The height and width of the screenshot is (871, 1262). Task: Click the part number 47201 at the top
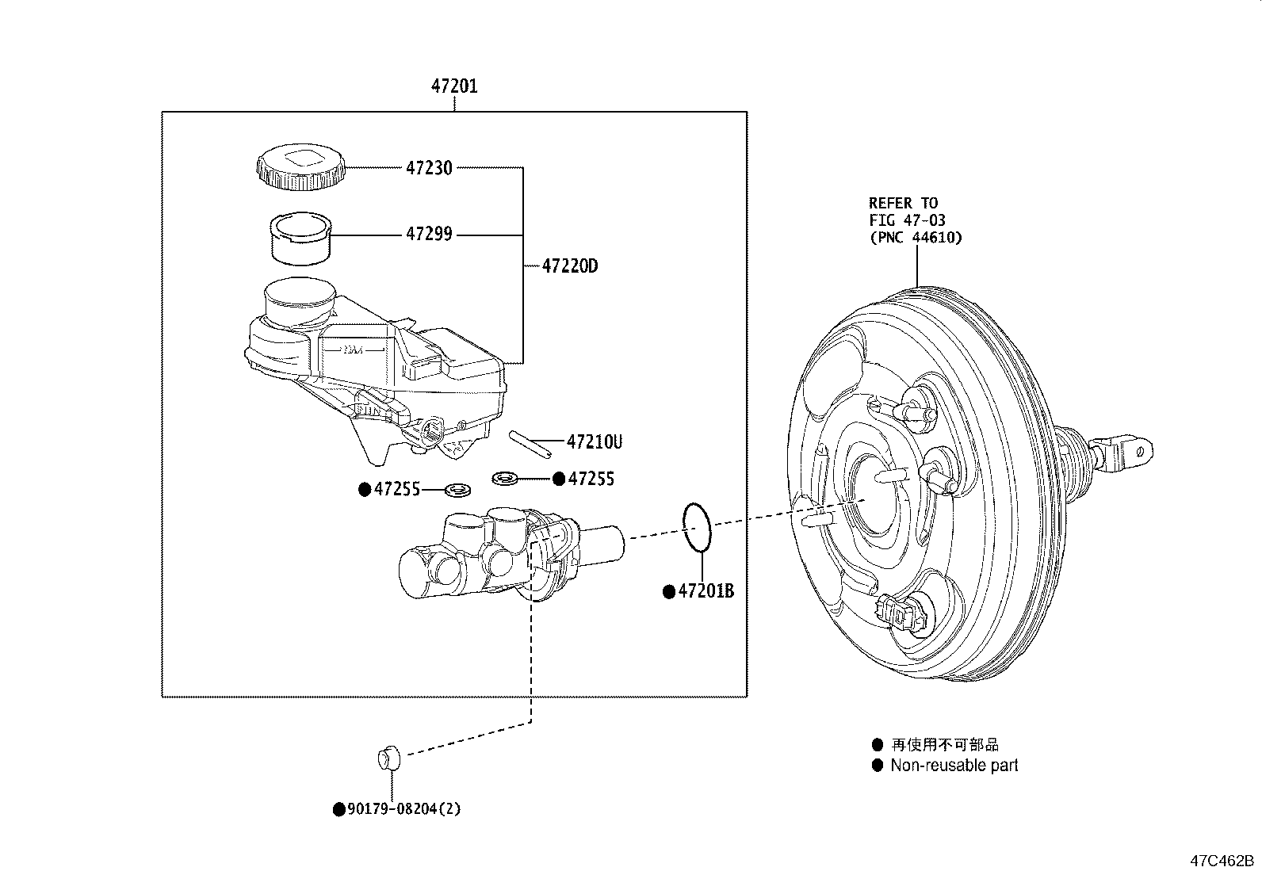coord(454,86)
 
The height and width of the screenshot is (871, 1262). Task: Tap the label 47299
coord(429,234)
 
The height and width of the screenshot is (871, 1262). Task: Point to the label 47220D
coord(569,266)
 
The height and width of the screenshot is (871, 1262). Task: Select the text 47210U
coord(594,442)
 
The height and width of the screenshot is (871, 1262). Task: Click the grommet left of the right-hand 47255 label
coord(504,478)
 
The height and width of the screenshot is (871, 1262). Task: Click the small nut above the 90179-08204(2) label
coord(388,758)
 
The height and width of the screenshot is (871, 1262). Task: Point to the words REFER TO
coord(903,204)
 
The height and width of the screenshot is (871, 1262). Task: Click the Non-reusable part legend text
coord(954,766)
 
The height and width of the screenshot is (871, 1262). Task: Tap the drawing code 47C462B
coord(1221,860)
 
